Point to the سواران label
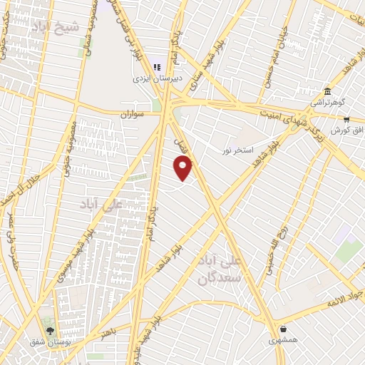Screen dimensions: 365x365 tap(133, 113)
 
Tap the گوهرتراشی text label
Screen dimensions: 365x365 tap(327, 103)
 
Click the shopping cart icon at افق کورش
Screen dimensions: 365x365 tap(346, 120)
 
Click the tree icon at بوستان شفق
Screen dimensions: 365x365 tap(49, 330)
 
